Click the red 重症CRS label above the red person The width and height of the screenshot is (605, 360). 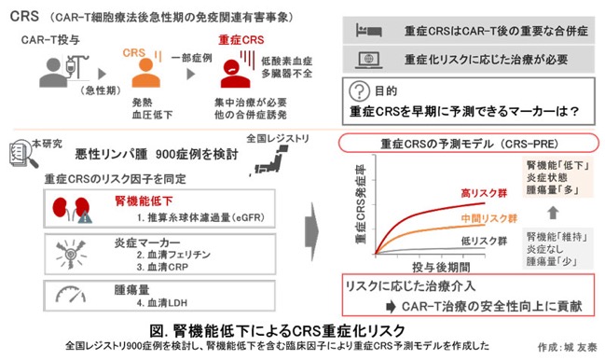click(241, 40)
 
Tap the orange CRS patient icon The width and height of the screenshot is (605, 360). click(145, 73)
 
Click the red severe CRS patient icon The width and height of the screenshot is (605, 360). click(235, 74)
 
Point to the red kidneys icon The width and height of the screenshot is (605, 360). click(73, 209)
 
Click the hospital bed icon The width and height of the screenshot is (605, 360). click(369, 30)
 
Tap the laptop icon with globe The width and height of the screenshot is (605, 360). click(369, 60)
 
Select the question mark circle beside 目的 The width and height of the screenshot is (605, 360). click(359, 91)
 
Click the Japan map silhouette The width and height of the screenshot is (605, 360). click(271, 160)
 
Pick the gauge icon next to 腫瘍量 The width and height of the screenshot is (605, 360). click(71, 295)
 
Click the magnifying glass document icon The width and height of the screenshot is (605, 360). click(24, 154)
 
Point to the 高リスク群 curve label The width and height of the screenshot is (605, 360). click(484, 193)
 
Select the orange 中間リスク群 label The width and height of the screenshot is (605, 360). click(488, 218)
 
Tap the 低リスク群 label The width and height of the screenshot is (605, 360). click(484, 242)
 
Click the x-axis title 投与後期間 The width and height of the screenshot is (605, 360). click(441, 267)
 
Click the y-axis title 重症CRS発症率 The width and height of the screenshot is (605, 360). click(360, 204)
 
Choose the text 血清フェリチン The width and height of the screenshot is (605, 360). click(179, 255)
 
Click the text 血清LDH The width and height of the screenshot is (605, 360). click(168, 303)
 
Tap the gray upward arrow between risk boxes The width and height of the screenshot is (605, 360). click(553, 213)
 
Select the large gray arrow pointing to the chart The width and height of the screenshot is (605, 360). click(311, 232)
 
